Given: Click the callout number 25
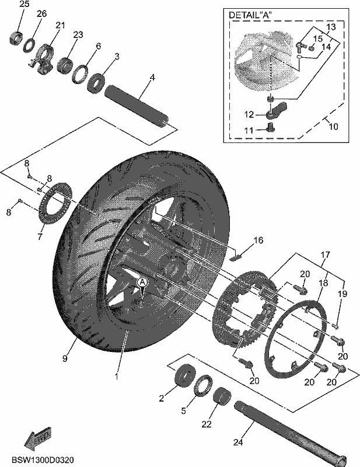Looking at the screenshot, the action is [x=25, y=4].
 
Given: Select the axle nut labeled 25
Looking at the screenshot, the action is [x=17, y=37].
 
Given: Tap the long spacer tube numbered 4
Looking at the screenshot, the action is [x=137, y=107].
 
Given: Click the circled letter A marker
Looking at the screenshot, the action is [x=142, y=281].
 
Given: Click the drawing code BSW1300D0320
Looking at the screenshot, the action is [x=43, y=460].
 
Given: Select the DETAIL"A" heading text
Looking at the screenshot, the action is [x=250, y=15].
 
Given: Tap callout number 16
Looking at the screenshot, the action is [x=258, y=240].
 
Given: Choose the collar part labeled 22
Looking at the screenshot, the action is [x=222, y=396].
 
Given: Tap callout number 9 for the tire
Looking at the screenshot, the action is [x=65, y=358].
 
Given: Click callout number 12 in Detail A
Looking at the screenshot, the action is [x=249, y=114].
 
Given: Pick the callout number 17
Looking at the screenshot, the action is [x=326, y=255].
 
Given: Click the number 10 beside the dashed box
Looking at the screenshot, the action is [x=334, y=127].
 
